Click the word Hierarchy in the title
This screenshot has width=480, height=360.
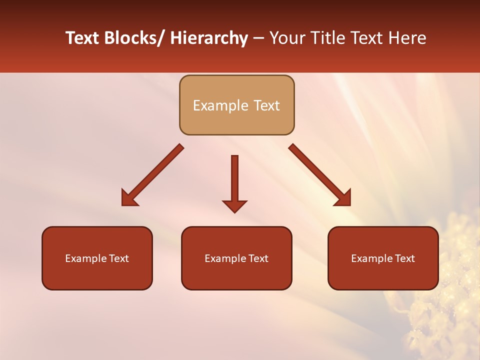pos(209,38)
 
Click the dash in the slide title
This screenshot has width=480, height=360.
pos(258,39)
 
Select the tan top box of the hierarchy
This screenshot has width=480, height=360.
pos(236,105)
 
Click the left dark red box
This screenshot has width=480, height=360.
pos(97,258)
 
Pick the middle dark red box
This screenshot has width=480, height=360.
pos(236,258)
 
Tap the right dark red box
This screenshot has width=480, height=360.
pos(383,258)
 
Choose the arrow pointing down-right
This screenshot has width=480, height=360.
pos(320,175)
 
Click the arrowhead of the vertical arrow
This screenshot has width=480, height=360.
pos(234,206)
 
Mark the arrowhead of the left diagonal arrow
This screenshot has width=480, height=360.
pos(128,199)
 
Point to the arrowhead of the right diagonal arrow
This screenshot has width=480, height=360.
pos(344,199)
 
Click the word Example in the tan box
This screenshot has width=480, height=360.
pos(216,105)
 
